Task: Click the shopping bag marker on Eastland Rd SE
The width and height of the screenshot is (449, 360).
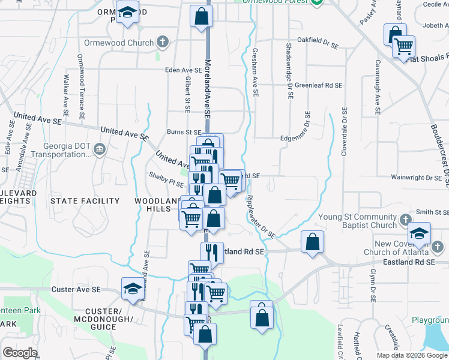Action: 312,242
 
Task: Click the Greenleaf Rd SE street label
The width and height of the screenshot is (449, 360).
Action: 318,86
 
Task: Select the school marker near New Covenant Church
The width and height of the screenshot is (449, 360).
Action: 419,232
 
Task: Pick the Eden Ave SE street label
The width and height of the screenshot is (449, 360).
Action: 184,70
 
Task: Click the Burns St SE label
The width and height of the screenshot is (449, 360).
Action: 184,132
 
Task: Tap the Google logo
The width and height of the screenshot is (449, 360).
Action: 20,353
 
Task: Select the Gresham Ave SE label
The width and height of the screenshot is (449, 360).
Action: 256,73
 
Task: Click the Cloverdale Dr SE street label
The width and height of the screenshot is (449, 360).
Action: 345,132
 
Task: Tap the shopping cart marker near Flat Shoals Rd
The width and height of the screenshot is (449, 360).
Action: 403,46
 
